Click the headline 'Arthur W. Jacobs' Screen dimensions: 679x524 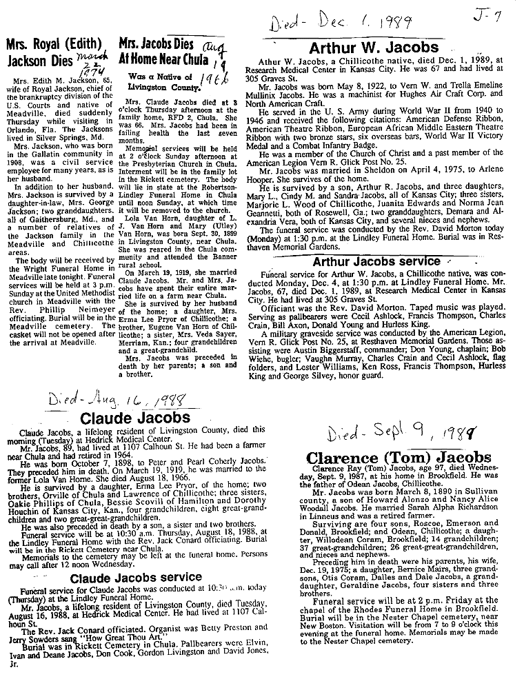point(374,48)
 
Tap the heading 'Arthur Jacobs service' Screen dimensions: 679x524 point(376,262)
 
